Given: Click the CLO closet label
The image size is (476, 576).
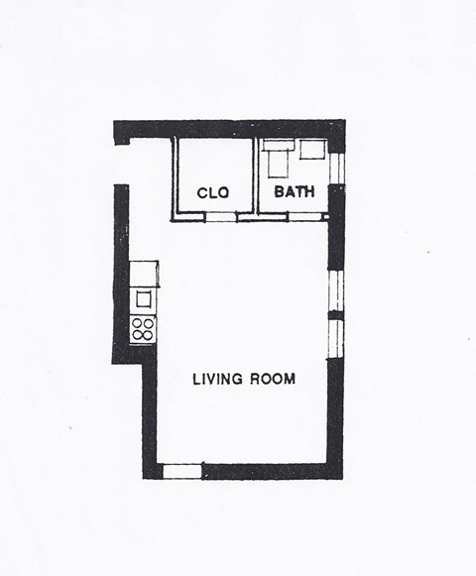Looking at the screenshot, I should pos(213,193).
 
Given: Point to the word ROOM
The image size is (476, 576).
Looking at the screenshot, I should pos(275,379).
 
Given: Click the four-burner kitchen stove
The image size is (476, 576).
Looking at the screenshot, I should pos(144,329).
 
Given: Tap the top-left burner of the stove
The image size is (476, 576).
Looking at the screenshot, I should pos(138,323).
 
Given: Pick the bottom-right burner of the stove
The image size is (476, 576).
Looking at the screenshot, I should pos(149,335).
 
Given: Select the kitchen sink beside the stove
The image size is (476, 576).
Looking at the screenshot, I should pos(144,298).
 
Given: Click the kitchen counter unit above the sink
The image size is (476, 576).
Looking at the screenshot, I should pos(144,272).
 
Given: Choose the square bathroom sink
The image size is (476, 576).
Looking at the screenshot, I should pos(313,151).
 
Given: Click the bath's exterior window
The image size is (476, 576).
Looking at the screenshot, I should pos(336,168).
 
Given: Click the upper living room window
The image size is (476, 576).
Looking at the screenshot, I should pos(336,289).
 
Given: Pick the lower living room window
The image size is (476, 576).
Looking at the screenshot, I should pos(336,337).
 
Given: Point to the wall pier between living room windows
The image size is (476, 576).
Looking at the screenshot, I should pos(336,314).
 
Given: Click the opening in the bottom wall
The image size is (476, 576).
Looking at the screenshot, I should pos(181,471).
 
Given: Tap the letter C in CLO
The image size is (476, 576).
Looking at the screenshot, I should pos(202,193).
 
